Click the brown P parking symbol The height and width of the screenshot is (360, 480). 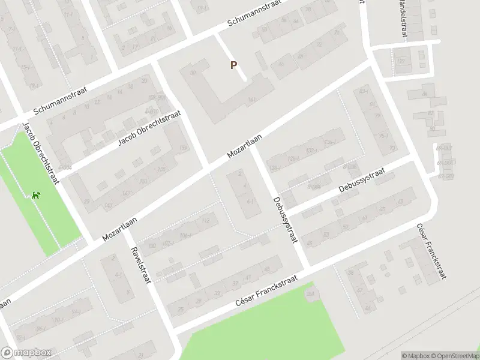pos(234,65)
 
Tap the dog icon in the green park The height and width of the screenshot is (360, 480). pos(37,194)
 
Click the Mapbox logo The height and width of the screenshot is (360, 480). pos(26,353)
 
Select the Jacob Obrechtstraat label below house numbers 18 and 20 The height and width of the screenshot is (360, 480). pos(149,128)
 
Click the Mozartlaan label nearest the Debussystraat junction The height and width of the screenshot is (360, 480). pos(246,146)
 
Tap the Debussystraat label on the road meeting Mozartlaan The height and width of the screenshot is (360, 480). pos(285,220)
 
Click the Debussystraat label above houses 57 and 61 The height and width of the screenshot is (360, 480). pos(361,180)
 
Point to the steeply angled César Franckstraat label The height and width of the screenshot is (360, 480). pos(432,253)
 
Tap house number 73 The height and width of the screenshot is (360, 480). pos(393,148)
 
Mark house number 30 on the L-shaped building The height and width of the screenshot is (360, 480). pos(193,73)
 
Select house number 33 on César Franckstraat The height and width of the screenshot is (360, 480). pos(217,293)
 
